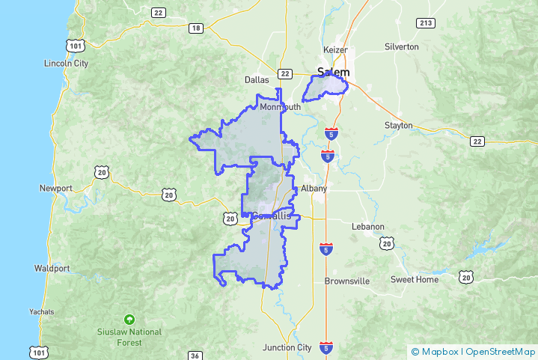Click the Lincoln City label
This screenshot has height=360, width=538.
click(66, 63)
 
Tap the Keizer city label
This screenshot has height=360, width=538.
click(335, 49)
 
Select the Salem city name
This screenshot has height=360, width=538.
click(334, 73)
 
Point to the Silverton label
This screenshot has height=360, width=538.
click(401, 46)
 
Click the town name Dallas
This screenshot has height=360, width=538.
click(256, 79)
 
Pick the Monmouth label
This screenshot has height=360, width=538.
click(280, 107)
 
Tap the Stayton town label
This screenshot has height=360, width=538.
click(398, 125)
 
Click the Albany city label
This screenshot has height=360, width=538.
click(314, 189)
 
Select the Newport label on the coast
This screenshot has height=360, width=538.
click(55, 188)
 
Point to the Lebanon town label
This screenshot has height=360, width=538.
click(367, 226)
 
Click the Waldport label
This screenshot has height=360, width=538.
click(52, 268)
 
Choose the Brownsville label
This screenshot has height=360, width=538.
click(347, 281)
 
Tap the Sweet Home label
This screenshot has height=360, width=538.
click(415, 279)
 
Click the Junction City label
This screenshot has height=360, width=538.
click(287, 347)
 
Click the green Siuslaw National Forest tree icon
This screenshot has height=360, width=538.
click(129, 319)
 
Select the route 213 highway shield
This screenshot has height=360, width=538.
click(426, 22)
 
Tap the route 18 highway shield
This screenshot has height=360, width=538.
click(196, 28)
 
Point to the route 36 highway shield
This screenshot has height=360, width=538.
click(194, 356)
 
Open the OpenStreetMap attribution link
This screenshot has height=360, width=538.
click(501, 351)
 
